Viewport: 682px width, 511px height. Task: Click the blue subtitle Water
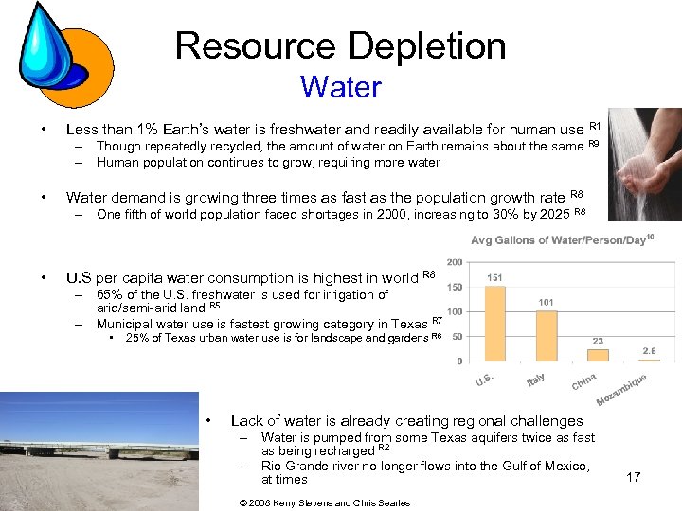pyautogui.click(x=340, y=88)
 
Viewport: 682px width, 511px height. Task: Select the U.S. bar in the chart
pyautogui.click(x=495, y=323)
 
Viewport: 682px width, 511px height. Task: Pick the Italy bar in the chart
pyautogui.click(x=547, y=335)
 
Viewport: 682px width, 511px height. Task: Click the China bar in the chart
pyautogui.click(x=598, y=354)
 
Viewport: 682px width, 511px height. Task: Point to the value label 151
pyautogui.click(x=494, y=277)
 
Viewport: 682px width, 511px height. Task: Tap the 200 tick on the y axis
pyautogui.click(x=455, y=262)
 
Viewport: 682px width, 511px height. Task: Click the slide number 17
pyautogui.click(x=633, y=477)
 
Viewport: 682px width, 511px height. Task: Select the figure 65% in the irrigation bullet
pyautogui.click(x=111, y=294)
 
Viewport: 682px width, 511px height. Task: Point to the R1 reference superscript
pyautogui.click(x=595, y=126)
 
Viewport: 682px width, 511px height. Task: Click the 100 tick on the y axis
pyautogui.click(x=455, y=311)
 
